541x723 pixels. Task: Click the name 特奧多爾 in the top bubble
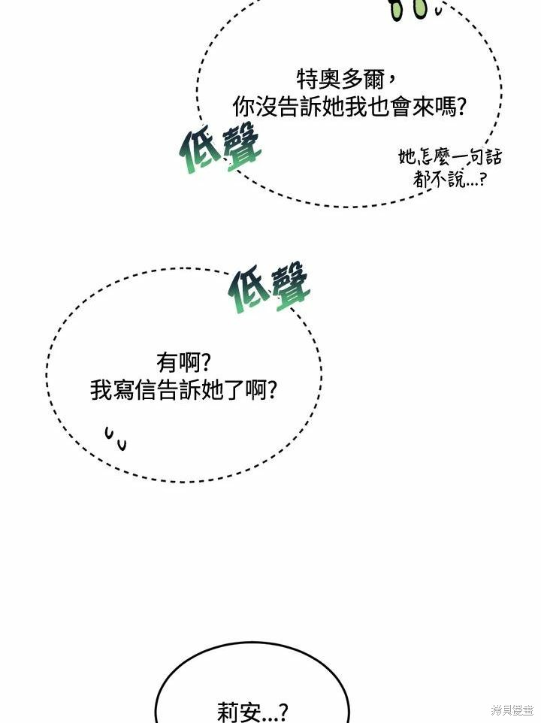tap(340, 80)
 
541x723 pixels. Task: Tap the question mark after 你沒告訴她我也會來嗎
tap(460, 107)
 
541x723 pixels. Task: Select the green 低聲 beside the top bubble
tap(220, 147)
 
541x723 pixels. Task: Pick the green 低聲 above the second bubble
tap(269, 286)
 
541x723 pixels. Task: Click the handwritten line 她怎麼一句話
tap(450, 157)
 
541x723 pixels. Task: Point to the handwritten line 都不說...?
tap(449, 178)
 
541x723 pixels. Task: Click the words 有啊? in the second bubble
tap(183, 362)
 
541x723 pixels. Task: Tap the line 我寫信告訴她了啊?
tap(183, 390)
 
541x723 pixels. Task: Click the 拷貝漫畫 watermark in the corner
tap(512, 710)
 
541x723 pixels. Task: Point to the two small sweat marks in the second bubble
tap(115, 438)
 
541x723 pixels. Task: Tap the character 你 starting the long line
tap(243, 107)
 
